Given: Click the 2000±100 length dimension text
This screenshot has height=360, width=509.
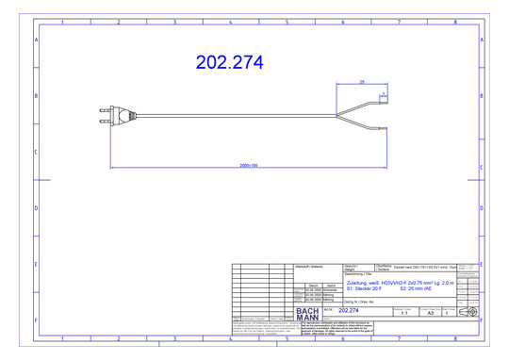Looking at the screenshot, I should [x=248, y=165].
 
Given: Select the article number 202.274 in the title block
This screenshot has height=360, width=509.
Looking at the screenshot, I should [x=348, y=309].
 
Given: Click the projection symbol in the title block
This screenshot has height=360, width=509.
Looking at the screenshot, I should [x=468, y=312].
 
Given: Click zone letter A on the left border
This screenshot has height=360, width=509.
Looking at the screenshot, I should [x=37, y=41].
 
